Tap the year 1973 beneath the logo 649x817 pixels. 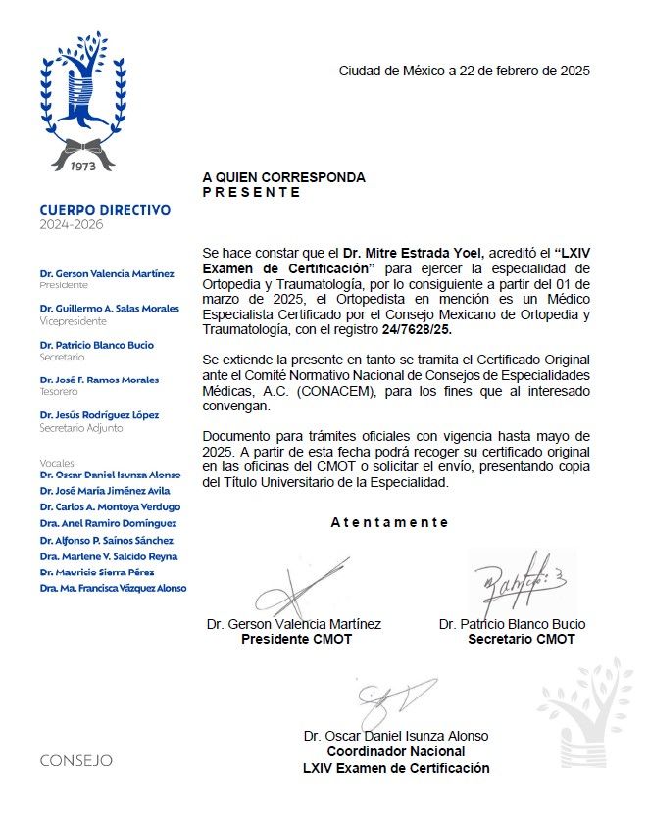[x=80, y=166]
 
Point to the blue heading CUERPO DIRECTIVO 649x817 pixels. [x=105, y=210]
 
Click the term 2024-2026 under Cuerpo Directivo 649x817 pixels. [x=71, y=225]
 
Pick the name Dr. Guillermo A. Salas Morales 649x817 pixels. [x=110, y=309]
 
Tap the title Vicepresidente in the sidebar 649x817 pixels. [x=69, y=320]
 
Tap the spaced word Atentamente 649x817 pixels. [x=389, y=522]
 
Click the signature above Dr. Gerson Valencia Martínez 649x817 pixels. [x=295, y=589]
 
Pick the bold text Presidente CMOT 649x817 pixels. [x=296, y=640]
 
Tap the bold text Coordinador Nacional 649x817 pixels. [x=396, y=752]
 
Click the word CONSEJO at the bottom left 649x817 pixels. [x=76, y=760]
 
